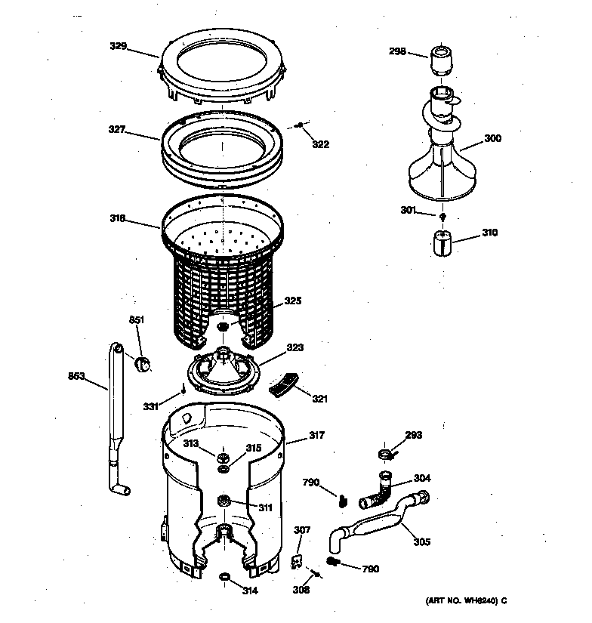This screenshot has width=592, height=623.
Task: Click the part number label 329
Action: click(118, 46)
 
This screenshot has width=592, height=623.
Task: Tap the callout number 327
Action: click(118, 130)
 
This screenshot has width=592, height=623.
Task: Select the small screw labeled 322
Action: click(300, 125)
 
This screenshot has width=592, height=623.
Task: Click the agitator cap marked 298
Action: click(439, 58)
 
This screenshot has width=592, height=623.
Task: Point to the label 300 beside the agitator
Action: click(492, 138)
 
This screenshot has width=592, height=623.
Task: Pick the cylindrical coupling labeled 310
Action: click(440, 244)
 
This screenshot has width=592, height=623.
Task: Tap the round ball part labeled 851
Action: click(140, 365)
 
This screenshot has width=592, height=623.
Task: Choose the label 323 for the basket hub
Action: click(294, 348)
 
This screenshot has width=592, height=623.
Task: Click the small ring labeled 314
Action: click(224, 578)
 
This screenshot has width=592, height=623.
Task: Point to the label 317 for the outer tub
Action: click(316, 435)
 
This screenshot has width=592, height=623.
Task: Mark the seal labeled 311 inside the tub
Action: click(224, 500)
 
